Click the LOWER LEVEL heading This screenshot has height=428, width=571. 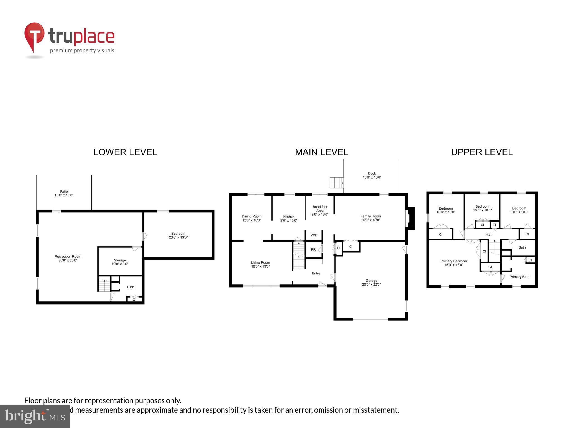(125, 152)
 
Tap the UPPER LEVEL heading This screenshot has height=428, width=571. (482, 152)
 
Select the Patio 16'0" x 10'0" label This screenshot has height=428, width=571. (64, 193)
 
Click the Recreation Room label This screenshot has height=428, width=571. (68, 258)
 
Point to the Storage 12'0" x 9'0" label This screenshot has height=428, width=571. (120, 262)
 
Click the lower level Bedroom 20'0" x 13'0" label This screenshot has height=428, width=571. (178, 235)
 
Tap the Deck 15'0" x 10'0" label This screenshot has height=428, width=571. (372, 175)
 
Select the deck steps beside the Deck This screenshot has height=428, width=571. (336, 183)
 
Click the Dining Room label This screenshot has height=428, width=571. (251, 218)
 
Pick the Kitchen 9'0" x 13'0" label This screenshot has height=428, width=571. (289, 218)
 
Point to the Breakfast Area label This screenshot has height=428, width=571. (320, 210)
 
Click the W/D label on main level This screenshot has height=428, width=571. (314, 235)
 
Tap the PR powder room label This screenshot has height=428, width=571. (313, 249)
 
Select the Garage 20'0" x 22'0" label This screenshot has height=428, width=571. (371, 283)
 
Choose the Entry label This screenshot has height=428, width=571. (316, 273)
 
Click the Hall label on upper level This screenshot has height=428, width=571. (488, 234)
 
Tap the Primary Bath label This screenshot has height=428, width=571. (519, 277)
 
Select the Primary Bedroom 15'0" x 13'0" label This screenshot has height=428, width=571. (454, 263)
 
